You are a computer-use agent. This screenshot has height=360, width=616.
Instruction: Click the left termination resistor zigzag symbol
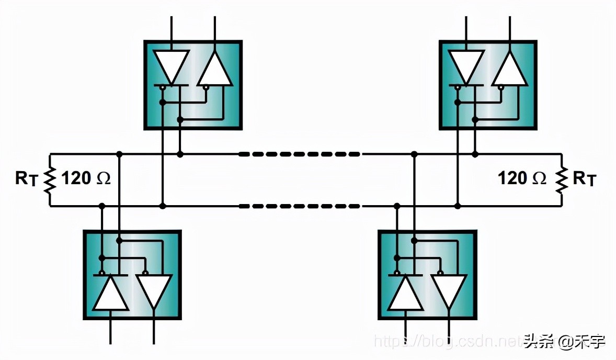(x=50, y=179)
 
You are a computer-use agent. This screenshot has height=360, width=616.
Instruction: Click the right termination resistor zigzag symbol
(x=561, y=179)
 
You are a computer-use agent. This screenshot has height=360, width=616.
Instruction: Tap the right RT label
(x=584, y=179)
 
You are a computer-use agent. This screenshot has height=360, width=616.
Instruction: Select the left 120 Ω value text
(x=86, y=179)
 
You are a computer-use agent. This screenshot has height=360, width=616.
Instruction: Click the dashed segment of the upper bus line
(x=299, y=154)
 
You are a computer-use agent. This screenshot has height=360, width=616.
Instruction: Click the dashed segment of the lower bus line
(x=299, y=206)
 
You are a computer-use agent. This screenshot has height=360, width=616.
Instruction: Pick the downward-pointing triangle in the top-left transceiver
(x=172, y=66)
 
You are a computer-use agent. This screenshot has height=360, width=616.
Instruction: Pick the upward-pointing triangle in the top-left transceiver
(x=214, y=69)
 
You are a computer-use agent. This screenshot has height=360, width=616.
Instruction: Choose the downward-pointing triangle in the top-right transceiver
(x=466, y=66)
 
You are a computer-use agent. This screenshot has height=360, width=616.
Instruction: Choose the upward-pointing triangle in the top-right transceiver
(x=509, y=69)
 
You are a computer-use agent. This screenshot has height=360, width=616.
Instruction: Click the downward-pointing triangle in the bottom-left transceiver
(x=154, y=290)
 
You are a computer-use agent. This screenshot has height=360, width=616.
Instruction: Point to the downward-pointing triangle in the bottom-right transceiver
(x=449, y=290)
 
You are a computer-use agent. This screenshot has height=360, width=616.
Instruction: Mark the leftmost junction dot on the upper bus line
(x=120, y=154)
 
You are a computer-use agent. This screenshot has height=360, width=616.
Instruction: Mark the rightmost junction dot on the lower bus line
(x=458, y=206)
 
